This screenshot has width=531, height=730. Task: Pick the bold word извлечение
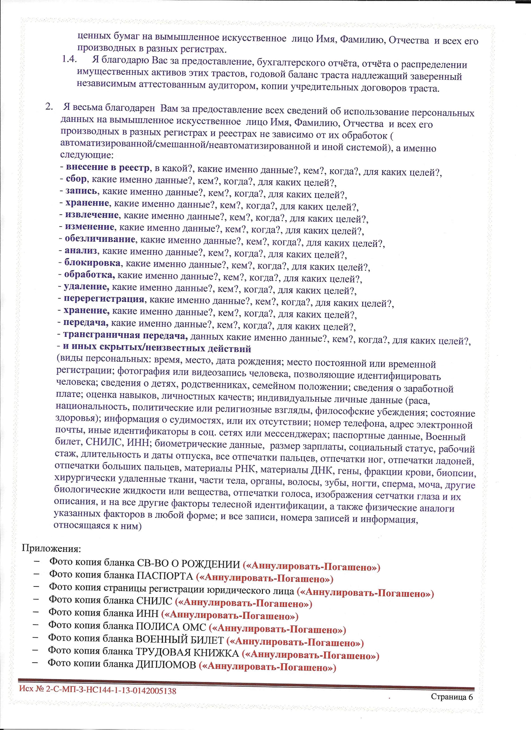tap(92, 215)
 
